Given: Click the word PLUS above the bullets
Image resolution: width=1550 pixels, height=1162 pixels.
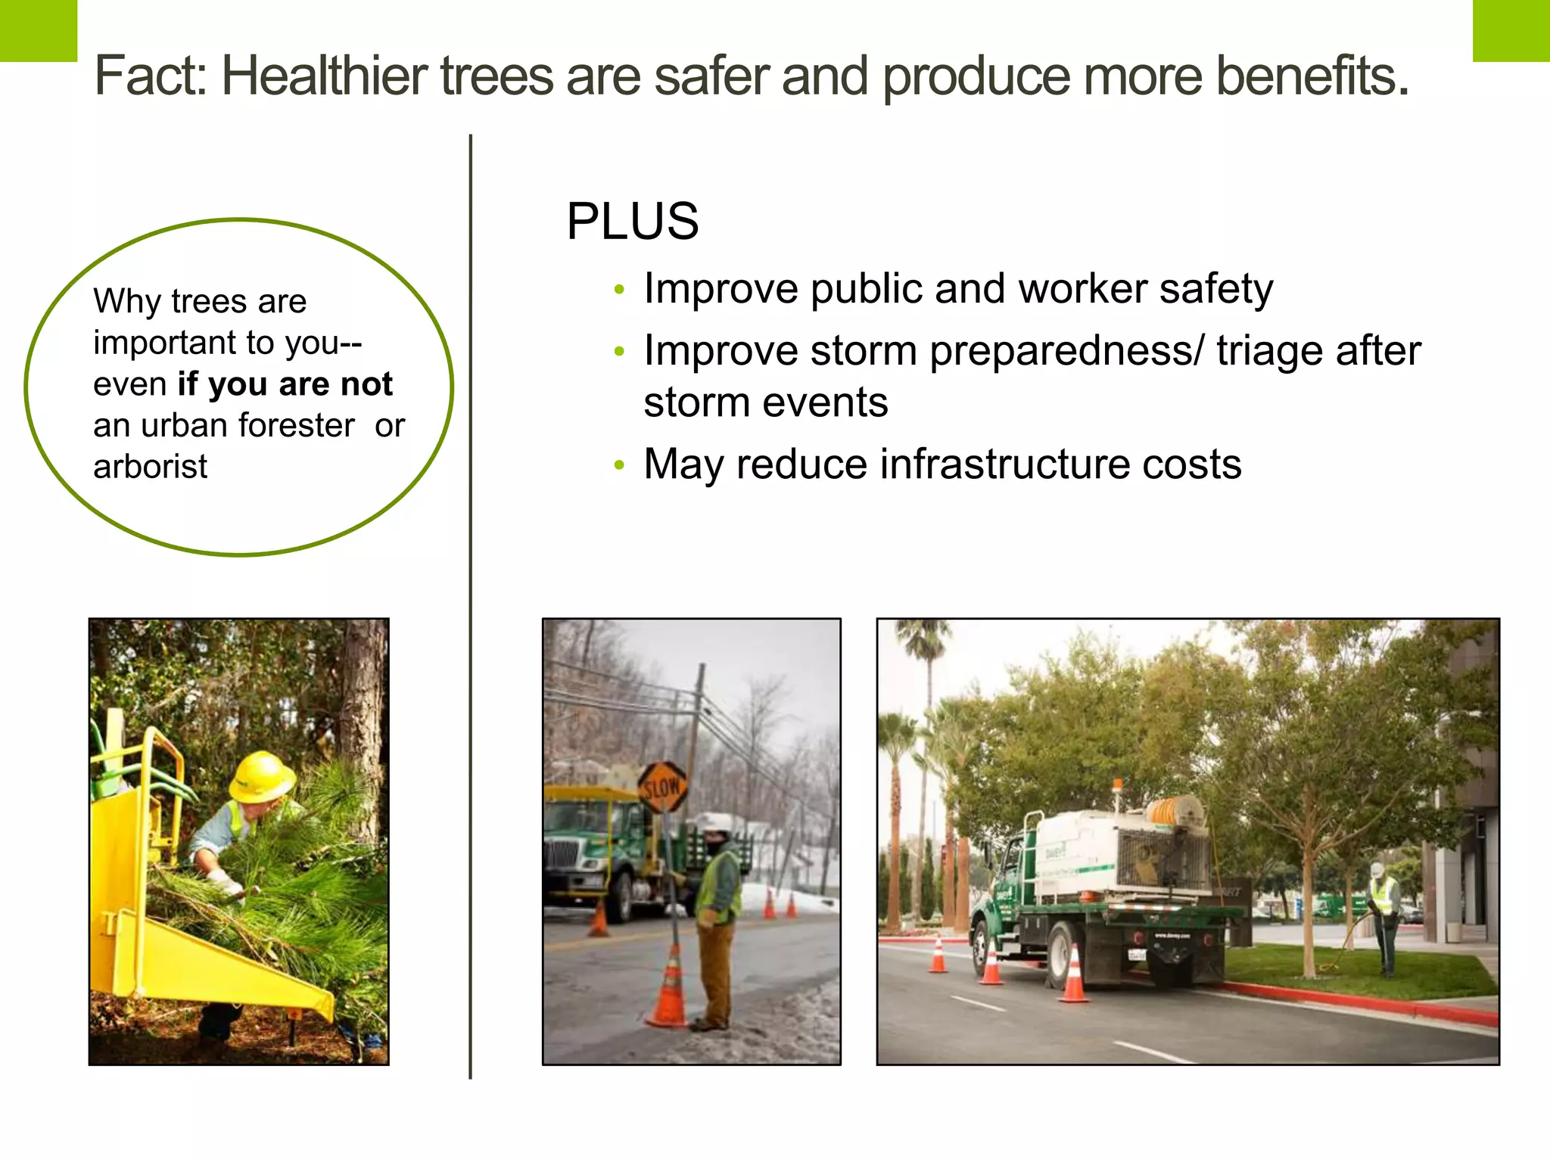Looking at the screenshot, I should point(633,222).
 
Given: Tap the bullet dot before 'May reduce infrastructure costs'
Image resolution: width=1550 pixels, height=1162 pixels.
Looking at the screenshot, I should point(619,464).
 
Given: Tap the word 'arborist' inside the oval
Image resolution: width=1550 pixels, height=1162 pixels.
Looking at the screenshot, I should point(150,467).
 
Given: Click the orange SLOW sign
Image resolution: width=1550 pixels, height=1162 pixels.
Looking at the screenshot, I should point(661,788).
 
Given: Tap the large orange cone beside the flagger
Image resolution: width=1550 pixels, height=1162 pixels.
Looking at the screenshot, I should point(669,987).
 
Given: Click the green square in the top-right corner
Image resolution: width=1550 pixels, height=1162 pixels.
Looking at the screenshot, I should point(1511,30).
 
